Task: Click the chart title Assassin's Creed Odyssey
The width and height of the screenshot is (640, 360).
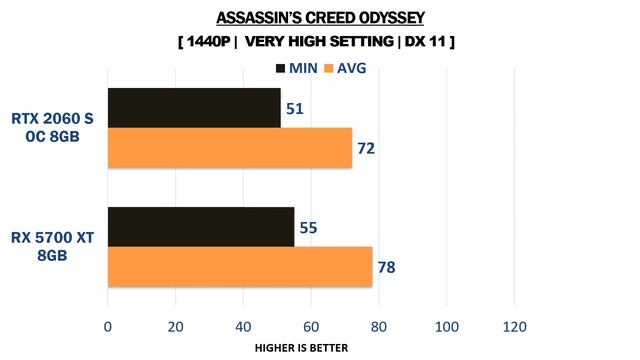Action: (319, 18)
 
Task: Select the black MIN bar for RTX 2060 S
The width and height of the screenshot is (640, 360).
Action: (194, 108)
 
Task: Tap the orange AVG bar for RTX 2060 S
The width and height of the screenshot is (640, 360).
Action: (229, 148)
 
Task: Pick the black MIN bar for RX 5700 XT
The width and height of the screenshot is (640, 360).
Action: (201, 227)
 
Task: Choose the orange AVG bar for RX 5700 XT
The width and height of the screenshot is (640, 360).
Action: (240, 266)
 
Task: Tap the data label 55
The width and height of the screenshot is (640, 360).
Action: (308, 228)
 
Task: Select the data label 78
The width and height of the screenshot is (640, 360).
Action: (386, 267)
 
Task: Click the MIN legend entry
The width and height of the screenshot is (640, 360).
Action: (296, 68)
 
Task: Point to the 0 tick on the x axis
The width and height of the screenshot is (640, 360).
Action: (108, 325)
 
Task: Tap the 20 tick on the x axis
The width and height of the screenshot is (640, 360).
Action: (175, 325)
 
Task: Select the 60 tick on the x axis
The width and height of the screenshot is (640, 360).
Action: (311, 325)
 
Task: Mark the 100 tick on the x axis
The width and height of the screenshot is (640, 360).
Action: (446, 325)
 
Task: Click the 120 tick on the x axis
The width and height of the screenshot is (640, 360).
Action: (514, 325)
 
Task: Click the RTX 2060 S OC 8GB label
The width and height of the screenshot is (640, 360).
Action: (52, 128)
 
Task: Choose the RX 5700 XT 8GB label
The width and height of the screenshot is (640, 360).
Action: (52, 247)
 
